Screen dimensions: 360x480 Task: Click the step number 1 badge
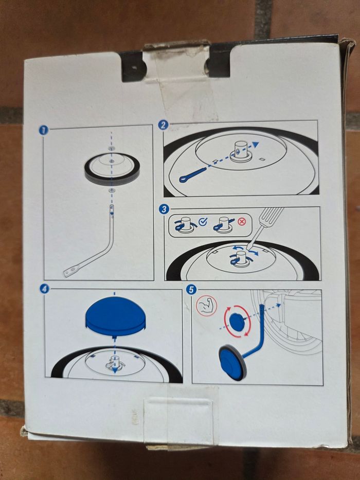pyautogui.click(x=44, y=130)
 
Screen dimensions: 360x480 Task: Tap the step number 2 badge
pyautogui.click(x=163, y=125)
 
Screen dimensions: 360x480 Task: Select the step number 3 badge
pyautogui.click(x=164, y=209)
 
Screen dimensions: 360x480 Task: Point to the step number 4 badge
pyautogui.click(x=44, y=289)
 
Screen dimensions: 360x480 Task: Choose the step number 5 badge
pyautogui.click(x=191, y=290)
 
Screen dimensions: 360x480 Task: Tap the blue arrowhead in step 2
pyautogui.click(x=255, y=145)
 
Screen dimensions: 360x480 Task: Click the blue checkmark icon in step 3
pyautogui.click(x=203, y=222)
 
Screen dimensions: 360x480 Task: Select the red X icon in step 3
pyautogui.click(x=242, y=222)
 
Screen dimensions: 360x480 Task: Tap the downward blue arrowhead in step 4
pyautogui.click(x=115, y=370)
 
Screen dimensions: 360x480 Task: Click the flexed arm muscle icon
pyautogui.click(x=206, y=306)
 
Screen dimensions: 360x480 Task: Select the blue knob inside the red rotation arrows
pyautogui.click(x=237, y=322)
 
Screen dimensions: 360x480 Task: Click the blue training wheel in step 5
pyautogui.click(x=232, y=363)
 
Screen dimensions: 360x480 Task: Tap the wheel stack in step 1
pyautogui.click(x=112, y=167)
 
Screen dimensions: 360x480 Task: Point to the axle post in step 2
pyautogui.click(x=241, y=150)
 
